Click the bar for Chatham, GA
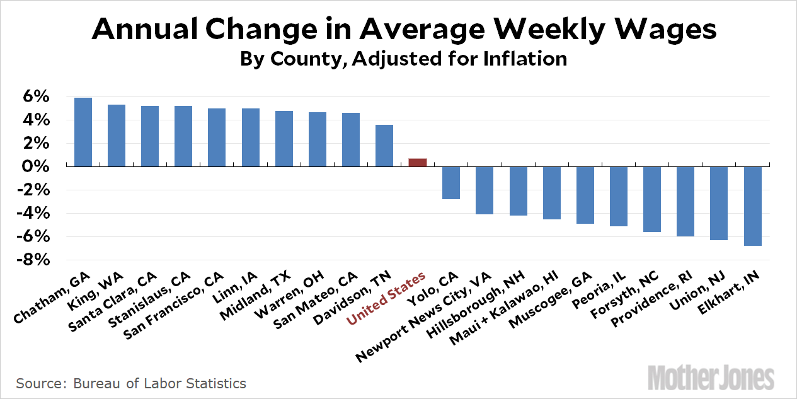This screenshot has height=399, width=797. [x=83, y=132]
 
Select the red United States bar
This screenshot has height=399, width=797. [x=418, y=163]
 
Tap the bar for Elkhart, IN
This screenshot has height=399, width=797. [x=754, y=205]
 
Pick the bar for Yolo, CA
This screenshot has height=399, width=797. [x=451, y=183]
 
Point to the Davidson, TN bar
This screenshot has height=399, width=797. [x=384, y=146]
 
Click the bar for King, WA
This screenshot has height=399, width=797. [x=117, y=136]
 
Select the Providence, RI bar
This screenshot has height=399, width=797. [x=686, y=201]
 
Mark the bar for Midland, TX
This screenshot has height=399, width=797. [x=284, y=139]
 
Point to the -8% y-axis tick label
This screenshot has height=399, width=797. [x=35, y=260]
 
